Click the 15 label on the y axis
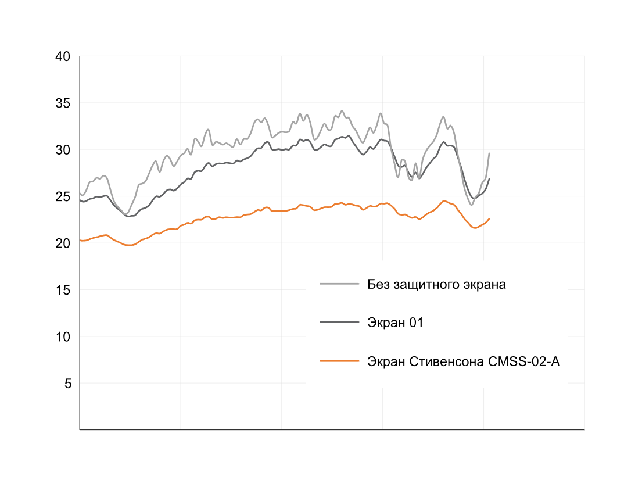(63, 290)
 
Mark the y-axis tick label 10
(63, 336)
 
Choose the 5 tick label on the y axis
(66, 384)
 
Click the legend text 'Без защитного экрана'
(436, 285)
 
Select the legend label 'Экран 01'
(395, 323)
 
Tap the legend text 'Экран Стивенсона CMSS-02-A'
(463, 361)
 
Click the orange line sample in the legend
(339, 361)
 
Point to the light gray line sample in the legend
(339, 285)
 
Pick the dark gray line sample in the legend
(339, 323)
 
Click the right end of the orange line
(489, 218)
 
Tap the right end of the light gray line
(489, 153)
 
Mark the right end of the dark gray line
(489, 179)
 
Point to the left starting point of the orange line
(80, 240)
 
